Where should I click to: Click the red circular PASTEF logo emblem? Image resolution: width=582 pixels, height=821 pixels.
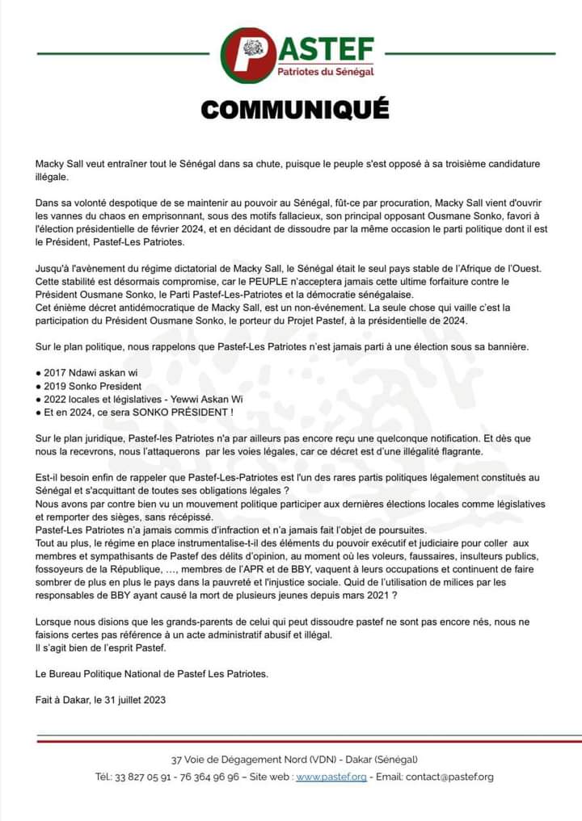247,55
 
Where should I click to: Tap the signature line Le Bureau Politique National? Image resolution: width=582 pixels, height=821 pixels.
152,674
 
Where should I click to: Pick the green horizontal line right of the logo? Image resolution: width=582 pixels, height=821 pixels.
470,55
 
